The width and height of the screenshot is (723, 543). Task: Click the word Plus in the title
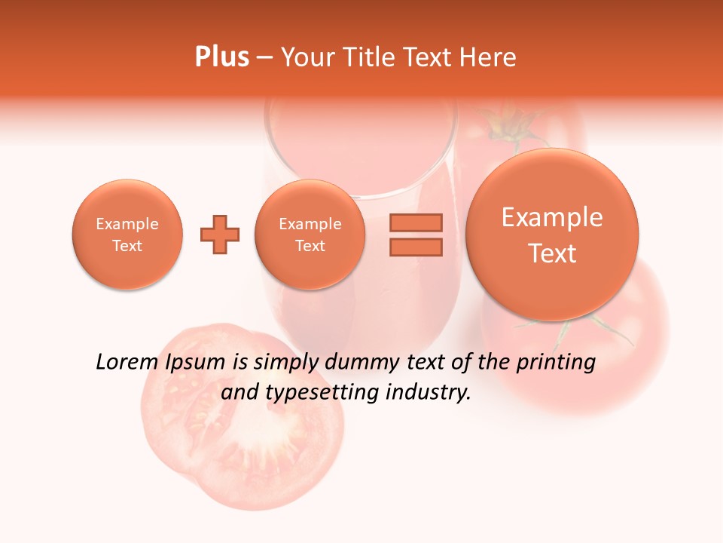[221, 57]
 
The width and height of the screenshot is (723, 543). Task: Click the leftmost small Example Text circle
[127, 235]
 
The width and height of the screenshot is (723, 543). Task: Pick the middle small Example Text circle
[310, 235]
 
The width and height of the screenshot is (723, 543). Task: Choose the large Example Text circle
[552, 235]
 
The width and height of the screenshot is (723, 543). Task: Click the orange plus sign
[220, 235]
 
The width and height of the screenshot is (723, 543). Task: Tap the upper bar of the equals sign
[416, 222]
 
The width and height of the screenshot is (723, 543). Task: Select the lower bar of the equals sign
[416, 247]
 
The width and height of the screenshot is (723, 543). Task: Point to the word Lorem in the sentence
[128, 363]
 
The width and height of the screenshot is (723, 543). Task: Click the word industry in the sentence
[428, 393]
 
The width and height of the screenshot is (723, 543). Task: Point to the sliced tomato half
[241, 419]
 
